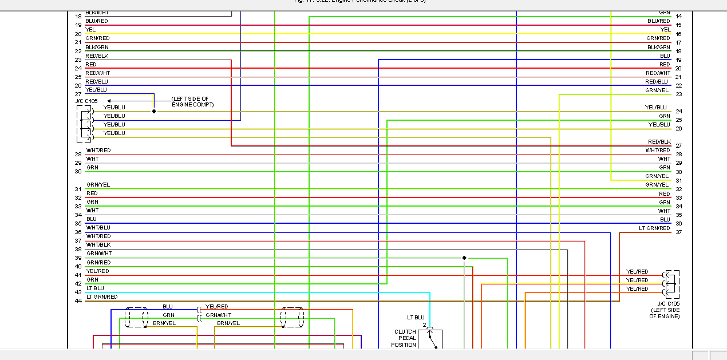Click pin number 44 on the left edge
pos(78,301)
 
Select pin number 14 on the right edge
pos(678,17)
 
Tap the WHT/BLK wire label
pos(98,245)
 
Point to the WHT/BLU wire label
pos(98,228)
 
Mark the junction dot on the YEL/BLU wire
pos(154,111)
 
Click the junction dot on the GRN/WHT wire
pos(464,258)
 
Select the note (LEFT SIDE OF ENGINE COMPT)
pos(192,102)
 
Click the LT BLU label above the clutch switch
pos(416,317)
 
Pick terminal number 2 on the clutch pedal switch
pos(425,325)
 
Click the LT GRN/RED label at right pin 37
pos(654,228)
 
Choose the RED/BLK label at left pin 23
pos(97,56)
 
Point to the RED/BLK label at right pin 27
pos(659,141)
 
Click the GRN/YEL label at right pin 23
pos(657,90)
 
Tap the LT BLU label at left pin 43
pos(95,288)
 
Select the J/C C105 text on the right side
pos(668,303)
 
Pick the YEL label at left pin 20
pos(90,30)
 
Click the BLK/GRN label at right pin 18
pos(658,48)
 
